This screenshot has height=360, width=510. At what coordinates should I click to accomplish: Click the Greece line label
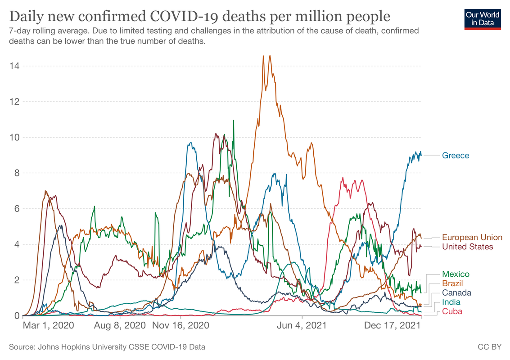456,156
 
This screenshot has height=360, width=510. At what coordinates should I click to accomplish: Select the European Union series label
472,237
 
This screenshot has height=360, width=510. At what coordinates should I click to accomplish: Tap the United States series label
467,247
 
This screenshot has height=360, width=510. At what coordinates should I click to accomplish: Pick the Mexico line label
456,274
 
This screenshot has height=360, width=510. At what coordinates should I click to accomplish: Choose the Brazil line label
453,283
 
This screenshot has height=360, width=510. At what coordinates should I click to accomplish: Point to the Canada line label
456,293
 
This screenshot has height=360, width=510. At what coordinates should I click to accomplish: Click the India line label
451,302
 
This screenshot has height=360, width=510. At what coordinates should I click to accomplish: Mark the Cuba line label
452,311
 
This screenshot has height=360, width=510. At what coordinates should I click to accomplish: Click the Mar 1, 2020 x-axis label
49,325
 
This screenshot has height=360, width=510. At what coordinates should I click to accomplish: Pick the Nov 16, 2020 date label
181,325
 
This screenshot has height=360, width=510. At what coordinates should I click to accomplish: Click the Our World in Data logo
483,18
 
